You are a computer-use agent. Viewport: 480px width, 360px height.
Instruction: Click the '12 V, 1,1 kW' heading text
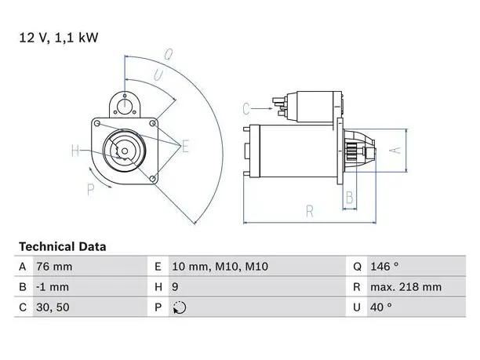(59, 38)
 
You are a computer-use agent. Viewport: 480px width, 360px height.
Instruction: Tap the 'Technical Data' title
(63, 247)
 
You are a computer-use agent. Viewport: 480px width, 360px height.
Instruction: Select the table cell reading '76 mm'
(54, 267)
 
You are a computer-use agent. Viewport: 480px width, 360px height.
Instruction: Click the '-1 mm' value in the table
(53, 287)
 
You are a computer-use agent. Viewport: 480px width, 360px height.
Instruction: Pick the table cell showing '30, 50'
(53, 307)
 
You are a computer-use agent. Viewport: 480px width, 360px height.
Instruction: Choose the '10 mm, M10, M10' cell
(220, 267)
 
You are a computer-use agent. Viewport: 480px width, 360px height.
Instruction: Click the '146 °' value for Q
(384, 267)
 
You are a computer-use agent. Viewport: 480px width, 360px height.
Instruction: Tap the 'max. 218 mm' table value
(406, 287)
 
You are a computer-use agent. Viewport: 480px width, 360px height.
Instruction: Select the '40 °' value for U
(381, 307)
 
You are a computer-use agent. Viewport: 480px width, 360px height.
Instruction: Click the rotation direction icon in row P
(180, 307)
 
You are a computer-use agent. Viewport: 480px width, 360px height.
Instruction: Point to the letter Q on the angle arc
(169, 54)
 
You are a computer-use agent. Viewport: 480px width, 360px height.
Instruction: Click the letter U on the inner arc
(158, 75)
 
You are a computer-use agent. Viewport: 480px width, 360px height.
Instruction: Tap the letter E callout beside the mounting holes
(186, 146)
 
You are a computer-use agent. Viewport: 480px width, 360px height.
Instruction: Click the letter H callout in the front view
(75, 151)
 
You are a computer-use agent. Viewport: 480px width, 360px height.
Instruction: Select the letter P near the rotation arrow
(90, 190)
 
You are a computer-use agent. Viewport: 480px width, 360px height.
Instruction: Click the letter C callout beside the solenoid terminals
(246, 109)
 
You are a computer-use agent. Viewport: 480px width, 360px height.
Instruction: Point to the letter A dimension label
(395, 151)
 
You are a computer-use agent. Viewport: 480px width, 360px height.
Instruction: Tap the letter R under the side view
(310, 212)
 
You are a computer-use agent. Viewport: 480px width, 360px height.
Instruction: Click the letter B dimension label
(350, 198)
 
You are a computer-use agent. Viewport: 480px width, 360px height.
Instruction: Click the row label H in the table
(158, 287)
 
